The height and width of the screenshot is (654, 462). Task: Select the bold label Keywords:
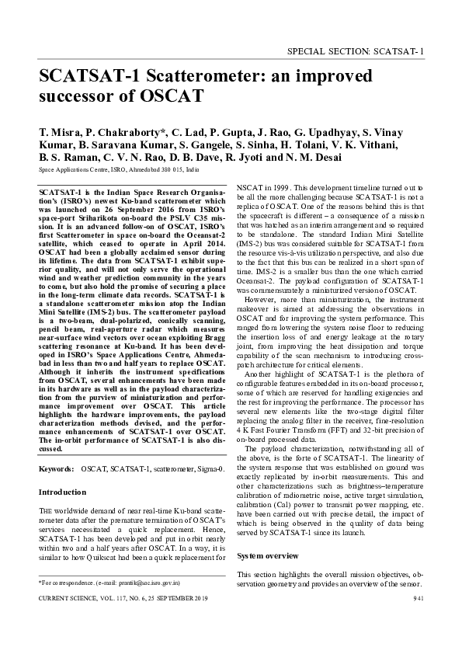(x=57, y=470)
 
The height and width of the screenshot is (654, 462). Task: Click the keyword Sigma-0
(x=210, y=470)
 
